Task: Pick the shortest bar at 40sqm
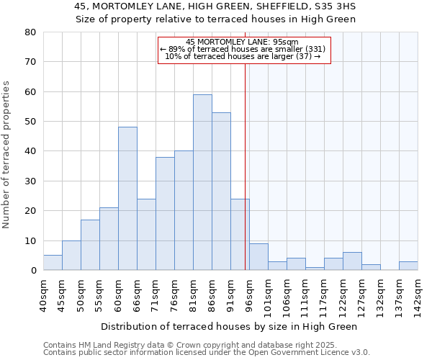53,263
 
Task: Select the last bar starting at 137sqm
408,266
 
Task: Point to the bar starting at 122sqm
352,261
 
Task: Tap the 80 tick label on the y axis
30,32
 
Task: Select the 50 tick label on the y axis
30,122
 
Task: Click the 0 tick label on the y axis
32,271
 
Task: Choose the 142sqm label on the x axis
418,295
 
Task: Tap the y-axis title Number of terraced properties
7,154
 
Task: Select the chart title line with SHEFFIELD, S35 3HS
215,6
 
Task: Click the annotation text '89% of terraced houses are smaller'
243,49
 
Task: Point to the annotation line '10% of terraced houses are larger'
243,56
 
